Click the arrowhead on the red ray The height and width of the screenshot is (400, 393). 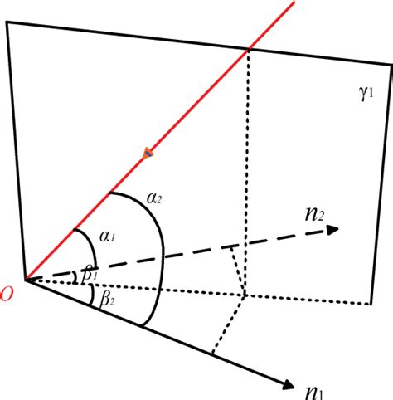tap(148, 152)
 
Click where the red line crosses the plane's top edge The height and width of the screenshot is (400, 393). tap(248, 49)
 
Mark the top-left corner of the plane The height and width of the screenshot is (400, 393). tap(7, 22)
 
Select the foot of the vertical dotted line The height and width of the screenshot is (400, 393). tap(245, 295)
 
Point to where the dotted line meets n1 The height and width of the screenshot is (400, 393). tap(213, 354)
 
